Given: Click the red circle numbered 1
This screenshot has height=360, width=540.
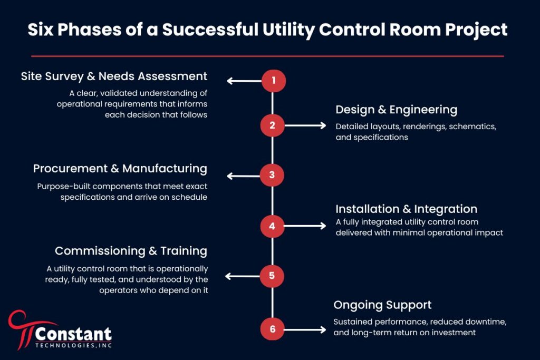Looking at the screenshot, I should pyautogui.click(x=273, y=81).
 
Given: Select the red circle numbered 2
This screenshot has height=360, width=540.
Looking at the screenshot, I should pyautogui.click(x=273, y=125).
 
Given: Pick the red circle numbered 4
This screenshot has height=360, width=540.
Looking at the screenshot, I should pyautogui.click(x=273, y=226).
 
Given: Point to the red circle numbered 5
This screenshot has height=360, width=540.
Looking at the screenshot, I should pyautogui.click(x=273, y=276).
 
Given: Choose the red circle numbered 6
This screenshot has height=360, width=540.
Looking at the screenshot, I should pyautogui.click(x=273, y=329).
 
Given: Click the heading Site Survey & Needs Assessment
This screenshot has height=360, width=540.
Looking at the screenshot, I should pyautogui.click(x=114, y=76).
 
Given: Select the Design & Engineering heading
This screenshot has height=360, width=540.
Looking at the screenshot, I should pyautogui.click(x=396, y=110).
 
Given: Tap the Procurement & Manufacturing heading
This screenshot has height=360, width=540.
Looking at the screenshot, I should pyautogui.click(x=120, y=169).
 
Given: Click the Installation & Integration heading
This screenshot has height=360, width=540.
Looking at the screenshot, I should pyautogui.click(x=406, y=209).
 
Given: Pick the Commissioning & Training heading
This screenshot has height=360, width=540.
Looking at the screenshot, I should pyautogui.click(x=131, y=251).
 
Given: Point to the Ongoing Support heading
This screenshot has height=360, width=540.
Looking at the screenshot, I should pyautogui.click(x=382, y=305).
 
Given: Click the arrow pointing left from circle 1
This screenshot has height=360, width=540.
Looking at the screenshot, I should pyautogui.click(x=244, y=81).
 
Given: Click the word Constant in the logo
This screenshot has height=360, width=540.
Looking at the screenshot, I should pyautogui.click(x=73, y=334).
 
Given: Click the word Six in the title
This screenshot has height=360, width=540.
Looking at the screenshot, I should pyautogui.click(x=42, y=30).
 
